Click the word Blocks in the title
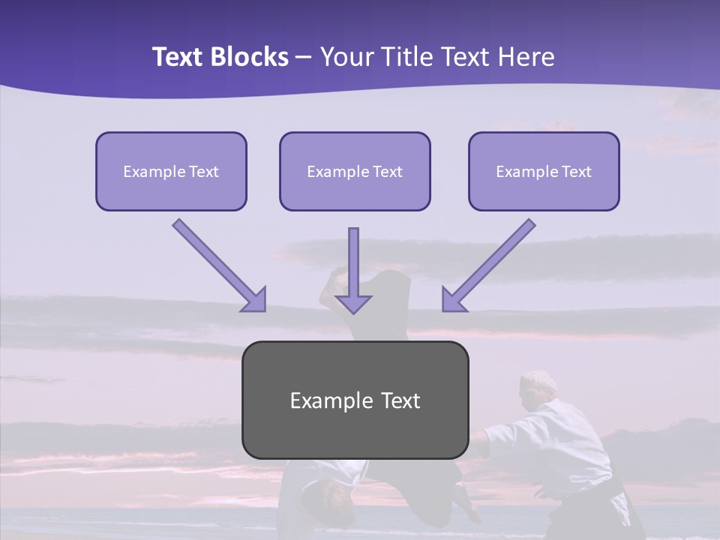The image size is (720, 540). pos(250,57)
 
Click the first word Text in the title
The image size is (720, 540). pos(180,57)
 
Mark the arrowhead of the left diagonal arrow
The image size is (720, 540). pos(255,300)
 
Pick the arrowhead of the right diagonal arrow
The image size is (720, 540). pos(453,300)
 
